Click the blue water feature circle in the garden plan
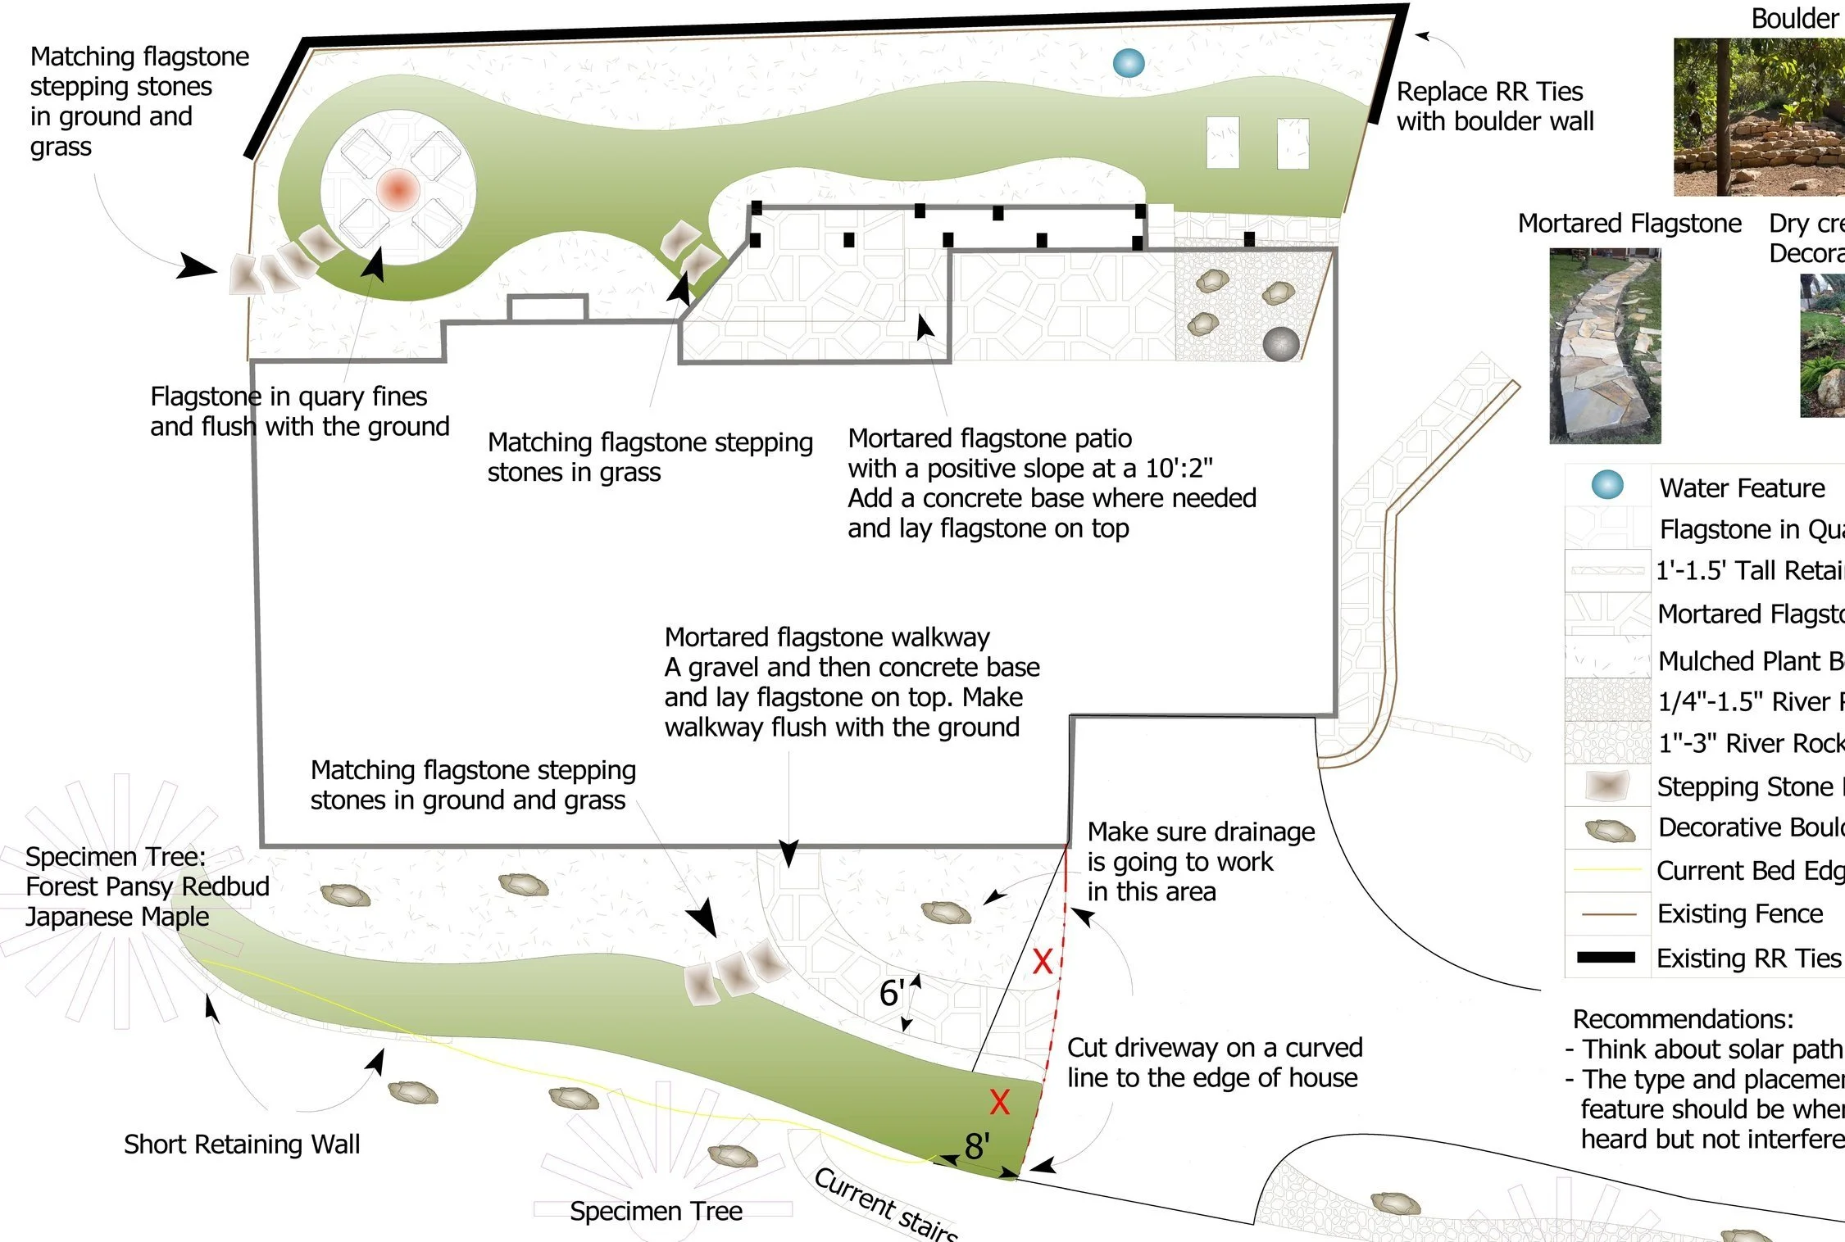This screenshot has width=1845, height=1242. (1129, 63)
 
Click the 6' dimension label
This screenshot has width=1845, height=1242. (891, 994)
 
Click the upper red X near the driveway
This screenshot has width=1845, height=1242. (1042, 961)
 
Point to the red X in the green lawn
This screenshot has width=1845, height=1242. (999, 1102)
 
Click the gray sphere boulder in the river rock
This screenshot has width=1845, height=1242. (1281, 343)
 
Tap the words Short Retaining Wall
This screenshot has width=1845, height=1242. (242, 1144)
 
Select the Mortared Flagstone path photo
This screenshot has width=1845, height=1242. (1605, 346)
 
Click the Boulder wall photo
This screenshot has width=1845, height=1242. (1758, 116)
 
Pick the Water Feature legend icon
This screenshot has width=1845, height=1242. (1607, 485)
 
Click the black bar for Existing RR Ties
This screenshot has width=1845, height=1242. (1606, 957)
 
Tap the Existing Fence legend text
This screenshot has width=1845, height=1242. (1740, 913)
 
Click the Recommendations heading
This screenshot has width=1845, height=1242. (1683, 1019)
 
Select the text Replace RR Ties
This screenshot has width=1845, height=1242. (1489, 91)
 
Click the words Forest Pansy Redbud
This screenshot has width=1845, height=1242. (148, 886)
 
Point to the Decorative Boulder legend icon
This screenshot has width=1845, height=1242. (1610, 831)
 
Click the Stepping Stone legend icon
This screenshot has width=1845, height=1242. (1606, 786)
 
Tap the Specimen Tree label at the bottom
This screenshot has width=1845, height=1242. (656, 1211)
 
